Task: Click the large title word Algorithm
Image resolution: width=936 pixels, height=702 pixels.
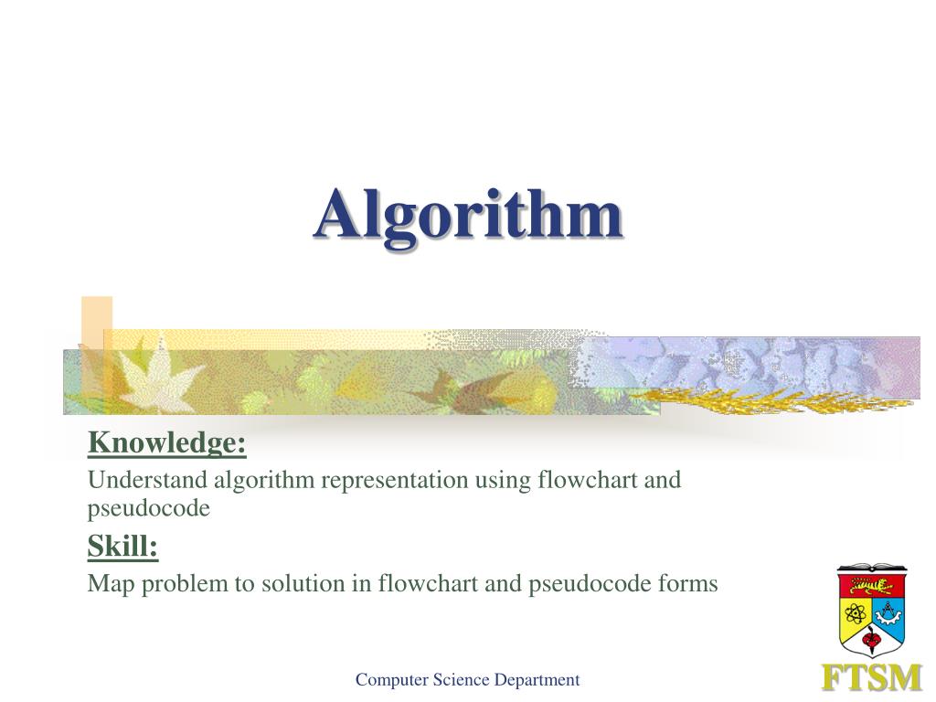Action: [x=468, y=216]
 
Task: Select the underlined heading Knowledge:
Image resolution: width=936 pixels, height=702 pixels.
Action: [x=167, y=443]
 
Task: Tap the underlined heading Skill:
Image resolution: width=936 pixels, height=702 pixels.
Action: [x=122, y=547]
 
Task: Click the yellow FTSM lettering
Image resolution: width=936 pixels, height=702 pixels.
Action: [x=871, y=678]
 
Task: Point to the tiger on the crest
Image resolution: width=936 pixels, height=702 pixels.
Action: [x=871, y=584]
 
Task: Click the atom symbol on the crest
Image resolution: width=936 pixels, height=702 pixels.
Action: [x=856, y=611]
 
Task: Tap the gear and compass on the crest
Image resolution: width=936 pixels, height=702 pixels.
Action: [x=888, y=611]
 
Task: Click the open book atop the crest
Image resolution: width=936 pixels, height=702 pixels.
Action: [x=871, y=568]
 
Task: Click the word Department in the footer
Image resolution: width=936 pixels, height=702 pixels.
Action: [x=537, y=679]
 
